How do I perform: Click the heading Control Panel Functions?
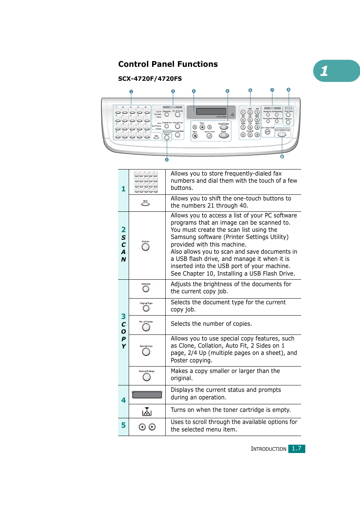pos(168,64)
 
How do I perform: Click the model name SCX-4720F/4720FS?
pos(150,79)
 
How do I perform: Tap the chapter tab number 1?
pos(324,71)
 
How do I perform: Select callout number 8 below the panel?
pos(282,157)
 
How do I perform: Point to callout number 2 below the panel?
pos(167,160)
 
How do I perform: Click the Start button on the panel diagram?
pos(224,135)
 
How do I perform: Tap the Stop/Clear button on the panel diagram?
pos(224,127)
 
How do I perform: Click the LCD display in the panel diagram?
pos(211,111)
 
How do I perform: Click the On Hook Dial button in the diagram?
pos(268,132)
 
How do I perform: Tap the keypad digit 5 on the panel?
pos(250,120)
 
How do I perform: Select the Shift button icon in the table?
pos(145,204)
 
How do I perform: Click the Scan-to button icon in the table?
pos(145,247)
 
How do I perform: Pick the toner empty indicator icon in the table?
pos(147,411)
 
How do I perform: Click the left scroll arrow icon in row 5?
pos(142,427)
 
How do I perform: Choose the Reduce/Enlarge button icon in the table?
pos(147,377)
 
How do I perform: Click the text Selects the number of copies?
pos(211,324)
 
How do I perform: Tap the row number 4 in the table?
pos(123,400)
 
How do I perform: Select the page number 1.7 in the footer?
pos(297,448)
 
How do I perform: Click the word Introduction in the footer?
pos(269,449)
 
